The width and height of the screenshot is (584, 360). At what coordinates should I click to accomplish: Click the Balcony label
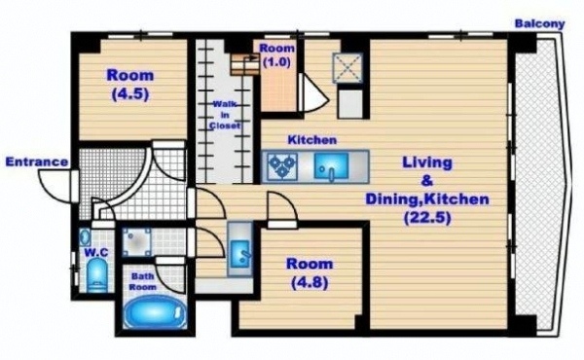coord(539,24)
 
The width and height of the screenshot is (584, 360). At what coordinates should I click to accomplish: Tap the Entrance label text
coord(37,162)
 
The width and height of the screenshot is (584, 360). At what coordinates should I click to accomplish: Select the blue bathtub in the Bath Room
coord(155,312)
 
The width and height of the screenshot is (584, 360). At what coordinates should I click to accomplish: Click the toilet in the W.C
coord(96,275)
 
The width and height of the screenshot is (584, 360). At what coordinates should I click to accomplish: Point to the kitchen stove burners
coord(282,165)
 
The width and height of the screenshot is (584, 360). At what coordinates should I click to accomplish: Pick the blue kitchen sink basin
coord(331,166)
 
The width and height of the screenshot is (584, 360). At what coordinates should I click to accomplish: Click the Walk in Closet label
coord(225,115)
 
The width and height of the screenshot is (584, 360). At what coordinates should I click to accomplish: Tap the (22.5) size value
coord(427,217)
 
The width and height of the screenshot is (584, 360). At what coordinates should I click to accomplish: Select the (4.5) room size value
coord(130,93)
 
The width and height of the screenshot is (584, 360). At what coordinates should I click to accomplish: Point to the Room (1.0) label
coord(276,55)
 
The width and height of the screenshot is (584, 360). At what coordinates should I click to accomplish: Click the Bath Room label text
coord(143,282)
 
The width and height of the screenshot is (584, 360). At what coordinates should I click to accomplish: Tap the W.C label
coord(96,253)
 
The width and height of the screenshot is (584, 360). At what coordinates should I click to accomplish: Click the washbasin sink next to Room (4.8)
coord(240,254)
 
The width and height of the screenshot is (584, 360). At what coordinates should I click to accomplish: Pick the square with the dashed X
coord(347,68)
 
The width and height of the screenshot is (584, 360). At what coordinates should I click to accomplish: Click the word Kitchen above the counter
coord(312,140)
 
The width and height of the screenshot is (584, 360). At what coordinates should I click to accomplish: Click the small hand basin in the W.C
coord(85,237)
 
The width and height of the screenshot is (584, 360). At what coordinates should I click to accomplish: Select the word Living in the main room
coord(427,162)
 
